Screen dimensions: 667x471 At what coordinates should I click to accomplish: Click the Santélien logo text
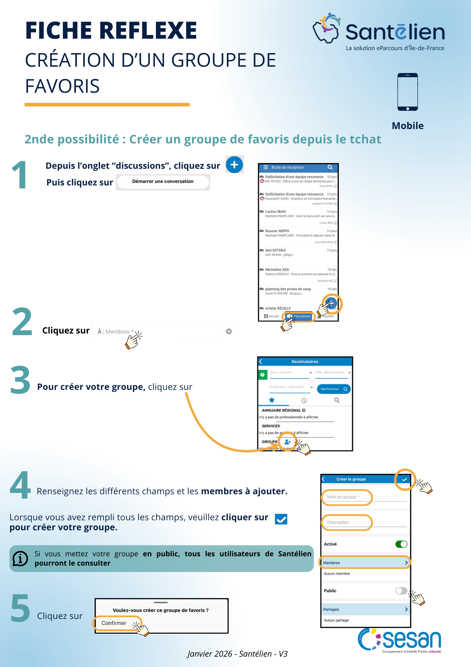coord(395,32)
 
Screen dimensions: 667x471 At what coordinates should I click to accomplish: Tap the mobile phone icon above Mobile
coord(407,92)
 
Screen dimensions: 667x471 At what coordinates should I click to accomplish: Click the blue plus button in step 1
coord(235,164)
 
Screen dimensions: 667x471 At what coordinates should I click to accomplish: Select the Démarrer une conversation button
coord(163,182)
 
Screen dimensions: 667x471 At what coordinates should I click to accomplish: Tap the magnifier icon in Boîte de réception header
coord(330,167)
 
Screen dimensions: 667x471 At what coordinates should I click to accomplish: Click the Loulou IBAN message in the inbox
coord(298,214)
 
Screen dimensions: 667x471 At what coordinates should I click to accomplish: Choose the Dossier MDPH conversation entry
coord(298,233)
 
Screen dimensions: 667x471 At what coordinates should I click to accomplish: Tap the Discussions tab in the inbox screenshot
coord(299,316)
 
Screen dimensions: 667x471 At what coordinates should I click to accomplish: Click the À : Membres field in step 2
coord(115,331)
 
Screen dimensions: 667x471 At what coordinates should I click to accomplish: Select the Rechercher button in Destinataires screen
coord(333,389)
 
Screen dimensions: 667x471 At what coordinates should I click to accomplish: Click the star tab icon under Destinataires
coord(272,400)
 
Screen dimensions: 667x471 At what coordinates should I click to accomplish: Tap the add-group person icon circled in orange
coord(288,442)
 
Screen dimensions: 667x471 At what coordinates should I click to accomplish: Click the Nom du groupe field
coord(346,497)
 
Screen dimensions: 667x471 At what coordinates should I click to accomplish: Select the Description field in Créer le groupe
coord(346,522)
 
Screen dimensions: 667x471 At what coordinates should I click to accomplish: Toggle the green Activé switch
coord(401,544)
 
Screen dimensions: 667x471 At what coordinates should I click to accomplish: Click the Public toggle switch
coord(401,591)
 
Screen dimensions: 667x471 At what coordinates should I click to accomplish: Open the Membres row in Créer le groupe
coord(365,563)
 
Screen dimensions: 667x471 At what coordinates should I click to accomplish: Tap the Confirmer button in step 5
coord(114,623)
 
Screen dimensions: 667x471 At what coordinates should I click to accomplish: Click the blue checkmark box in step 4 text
coord(281,519)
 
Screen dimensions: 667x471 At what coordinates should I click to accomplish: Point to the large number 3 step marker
coord(20,380)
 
